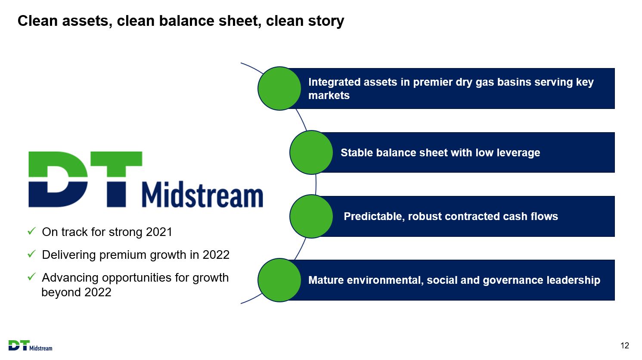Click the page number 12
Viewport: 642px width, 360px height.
[x=625, y=345]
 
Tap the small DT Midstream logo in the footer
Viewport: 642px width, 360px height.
[x=31, y=345]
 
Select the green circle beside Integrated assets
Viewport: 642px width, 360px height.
[x=279, y=88]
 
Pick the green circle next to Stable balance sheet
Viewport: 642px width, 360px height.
[x=311, y=152]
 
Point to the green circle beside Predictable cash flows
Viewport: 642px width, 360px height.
[x=311, y=217]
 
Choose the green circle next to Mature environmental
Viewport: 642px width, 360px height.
[x=279, y=280]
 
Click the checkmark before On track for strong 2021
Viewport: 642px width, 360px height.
[x=31, y=231]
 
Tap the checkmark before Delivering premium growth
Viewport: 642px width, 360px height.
[x=31, y=254]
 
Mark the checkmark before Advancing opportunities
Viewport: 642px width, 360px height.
[x=31, y=276]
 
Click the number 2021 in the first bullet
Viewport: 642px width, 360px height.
[x=159, y=232]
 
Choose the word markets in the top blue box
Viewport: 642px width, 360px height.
[x=329, y=96]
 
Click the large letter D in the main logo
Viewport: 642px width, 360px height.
[x=58, y=179]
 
